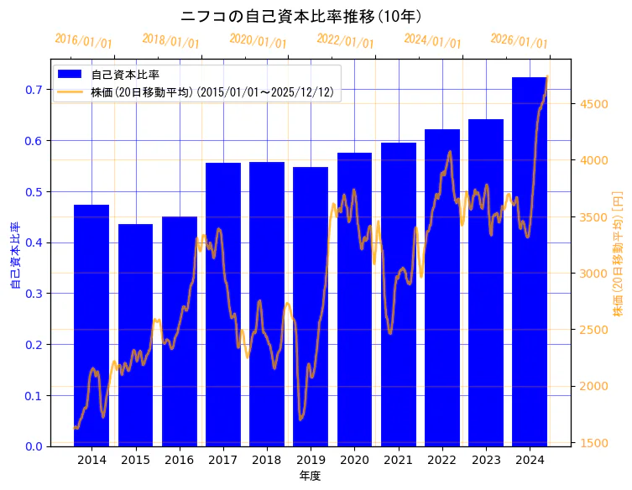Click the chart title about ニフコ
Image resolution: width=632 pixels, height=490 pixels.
click(x=301, y=16)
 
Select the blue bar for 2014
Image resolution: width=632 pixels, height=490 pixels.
click(x=91, y=327)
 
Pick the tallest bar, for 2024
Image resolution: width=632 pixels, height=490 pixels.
click(x=530, y=260)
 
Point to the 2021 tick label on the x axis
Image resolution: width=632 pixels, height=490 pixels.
click(x=399, y=460)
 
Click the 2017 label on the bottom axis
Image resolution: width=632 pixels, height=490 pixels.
click(x=223, y=460)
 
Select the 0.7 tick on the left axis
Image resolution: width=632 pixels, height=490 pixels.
click(x=34, y=90)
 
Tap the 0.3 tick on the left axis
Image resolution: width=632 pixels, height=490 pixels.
click(x=34, y=294)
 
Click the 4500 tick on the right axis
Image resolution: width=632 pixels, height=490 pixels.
click(x=595, y=104)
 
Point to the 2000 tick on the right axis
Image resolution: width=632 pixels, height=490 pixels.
click(x=595, y=386)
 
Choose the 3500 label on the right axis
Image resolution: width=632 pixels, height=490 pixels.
click(x=595, y=217)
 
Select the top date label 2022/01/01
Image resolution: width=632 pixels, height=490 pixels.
click(x=345, y=40)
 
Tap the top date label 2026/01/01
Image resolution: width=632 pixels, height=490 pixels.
click(x=519, y=40)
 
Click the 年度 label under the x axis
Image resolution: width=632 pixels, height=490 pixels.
click(x=310, y=476)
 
